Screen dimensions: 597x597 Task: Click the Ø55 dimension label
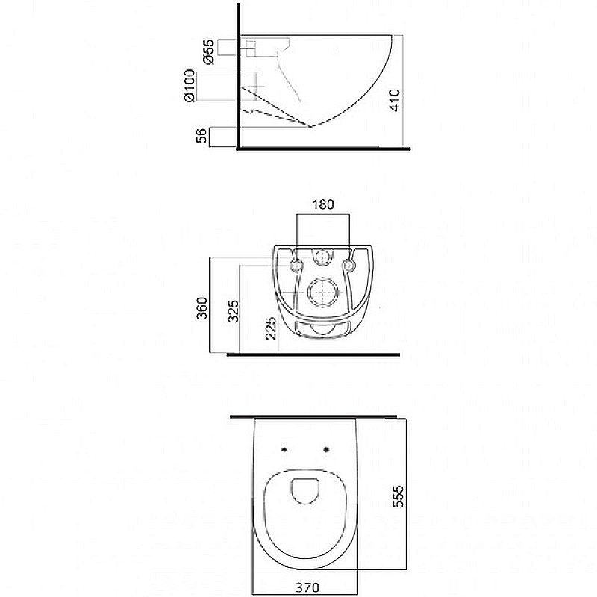click(209, 51)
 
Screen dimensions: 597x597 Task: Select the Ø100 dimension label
click(190, 86)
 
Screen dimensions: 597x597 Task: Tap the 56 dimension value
click(201, 136)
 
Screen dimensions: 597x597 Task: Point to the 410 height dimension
click(395, 100)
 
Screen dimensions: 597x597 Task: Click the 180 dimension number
click(323, 204)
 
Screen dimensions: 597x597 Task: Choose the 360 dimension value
click(202, 308)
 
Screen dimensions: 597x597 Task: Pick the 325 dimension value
click(233, 311)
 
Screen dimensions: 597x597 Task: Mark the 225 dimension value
click(270, 328)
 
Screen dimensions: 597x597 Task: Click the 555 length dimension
click(398, 496)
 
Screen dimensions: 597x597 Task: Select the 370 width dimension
click(307, 587)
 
